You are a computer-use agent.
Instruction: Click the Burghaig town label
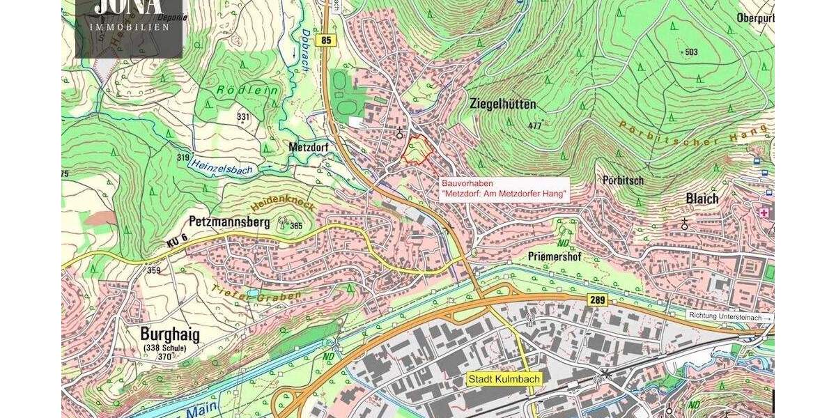(x=169, y=334)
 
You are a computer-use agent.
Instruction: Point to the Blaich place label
(x=702, y=199)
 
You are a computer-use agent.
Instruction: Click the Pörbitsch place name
(x=624, y=180)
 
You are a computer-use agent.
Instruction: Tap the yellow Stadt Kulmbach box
(x=504, y=379)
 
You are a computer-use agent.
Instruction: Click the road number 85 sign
(x=326, y=41)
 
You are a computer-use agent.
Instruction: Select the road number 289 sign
(x=597, y=300)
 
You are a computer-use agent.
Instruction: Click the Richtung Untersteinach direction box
(x=730, y=316)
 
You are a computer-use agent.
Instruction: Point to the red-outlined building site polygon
(x=416, y=150)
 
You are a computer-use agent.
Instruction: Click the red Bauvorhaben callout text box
(x=504, y=188)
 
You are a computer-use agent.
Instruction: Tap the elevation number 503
(x=691, y=52)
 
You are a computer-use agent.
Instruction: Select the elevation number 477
(x=534, y=126)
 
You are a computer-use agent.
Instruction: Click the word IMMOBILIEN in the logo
(x=130, y=27)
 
